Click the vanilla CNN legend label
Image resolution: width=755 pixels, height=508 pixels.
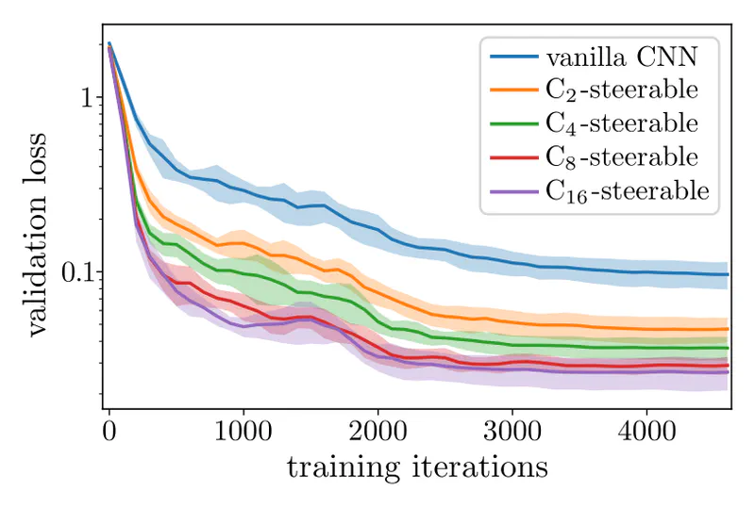[x=619, y=57]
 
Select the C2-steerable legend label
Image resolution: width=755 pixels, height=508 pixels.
[x=623, y=90]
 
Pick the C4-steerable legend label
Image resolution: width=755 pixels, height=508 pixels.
[x=623, y=123]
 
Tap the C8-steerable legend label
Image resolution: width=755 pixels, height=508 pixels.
[x=623, y=156]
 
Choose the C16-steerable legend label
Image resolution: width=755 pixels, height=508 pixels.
[x=628, y=190]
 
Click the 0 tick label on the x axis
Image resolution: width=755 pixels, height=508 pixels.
[x=109, y=433]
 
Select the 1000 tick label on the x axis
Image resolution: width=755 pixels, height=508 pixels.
[x=243, y=433]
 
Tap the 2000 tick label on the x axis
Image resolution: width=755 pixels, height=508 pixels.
[x=377, y=433]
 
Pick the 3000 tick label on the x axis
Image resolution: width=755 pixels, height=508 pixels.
[x=512, y=433]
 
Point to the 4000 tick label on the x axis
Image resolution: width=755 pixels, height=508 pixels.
[x=646, y=433]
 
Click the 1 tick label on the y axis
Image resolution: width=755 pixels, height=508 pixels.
[x=83, y=98]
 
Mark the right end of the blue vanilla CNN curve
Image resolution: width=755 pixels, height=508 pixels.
[x=728, y=274]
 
